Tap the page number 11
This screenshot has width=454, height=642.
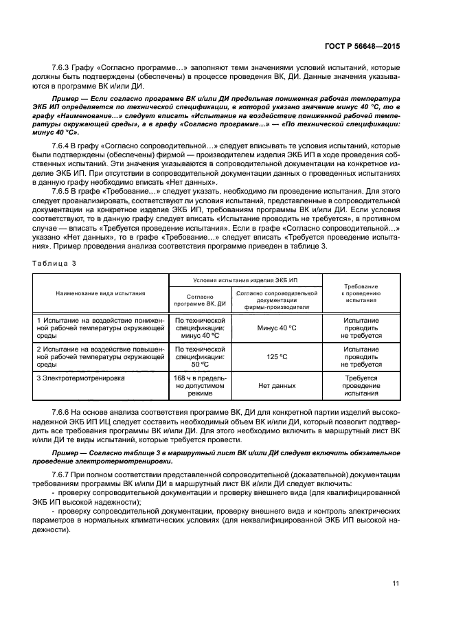tap(396, 584)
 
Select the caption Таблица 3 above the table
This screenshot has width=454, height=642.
tap(52, 263)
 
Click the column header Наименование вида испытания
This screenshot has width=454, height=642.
tap(100, 293)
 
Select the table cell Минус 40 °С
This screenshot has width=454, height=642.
tap(277, 328)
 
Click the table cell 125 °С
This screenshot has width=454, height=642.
tap(277, 357)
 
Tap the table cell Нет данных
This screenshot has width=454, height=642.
tap(277, 386)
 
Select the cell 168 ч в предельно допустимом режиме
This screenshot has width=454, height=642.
tap(200, 386)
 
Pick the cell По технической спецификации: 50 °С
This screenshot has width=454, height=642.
tap(200, 357)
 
